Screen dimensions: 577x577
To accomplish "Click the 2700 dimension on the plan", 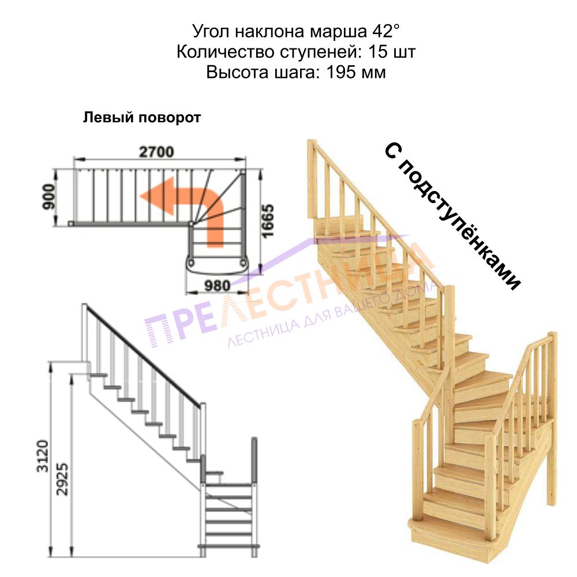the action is tap(156, 152).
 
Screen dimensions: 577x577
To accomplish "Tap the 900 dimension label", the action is tap(49, 197).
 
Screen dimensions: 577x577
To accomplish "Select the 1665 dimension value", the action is tap(268, 221).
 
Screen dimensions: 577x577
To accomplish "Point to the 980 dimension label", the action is tap(218, 285).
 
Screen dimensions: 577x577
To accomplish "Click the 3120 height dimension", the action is tap(43, 456).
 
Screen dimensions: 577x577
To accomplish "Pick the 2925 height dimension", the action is tap(62, 479).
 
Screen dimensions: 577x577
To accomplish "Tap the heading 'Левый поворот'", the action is tap(142, 118).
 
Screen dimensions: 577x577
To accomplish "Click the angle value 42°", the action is tap(386, 31).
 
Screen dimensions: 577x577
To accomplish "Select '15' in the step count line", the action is tap(378, 51).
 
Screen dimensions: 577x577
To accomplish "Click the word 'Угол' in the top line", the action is tap(212, 32).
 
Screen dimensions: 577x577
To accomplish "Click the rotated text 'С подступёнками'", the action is tap(452, 216).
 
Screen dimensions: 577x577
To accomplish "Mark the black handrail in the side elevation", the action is tap(144, 355).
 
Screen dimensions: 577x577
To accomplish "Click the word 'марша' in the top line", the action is tap(338, 32).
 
